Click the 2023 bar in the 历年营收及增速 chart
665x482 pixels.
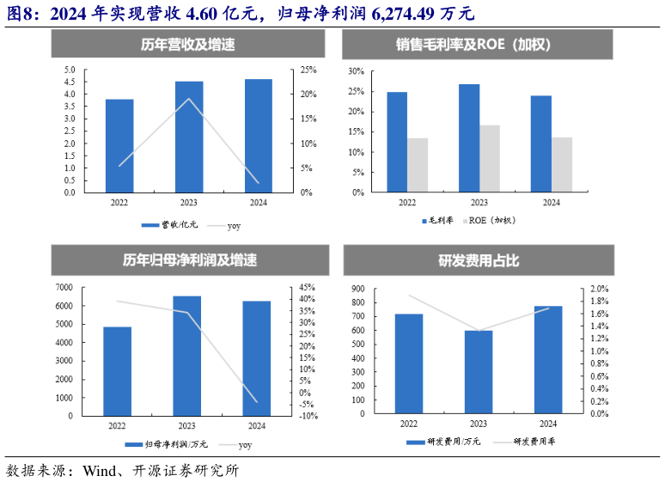(189, 137)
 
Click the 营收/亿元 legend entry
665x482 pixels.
(170, 225)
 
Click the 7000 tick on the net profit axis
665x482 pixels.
(64, 287)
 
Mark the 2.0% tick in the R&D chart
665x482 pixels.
(600, 290)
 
